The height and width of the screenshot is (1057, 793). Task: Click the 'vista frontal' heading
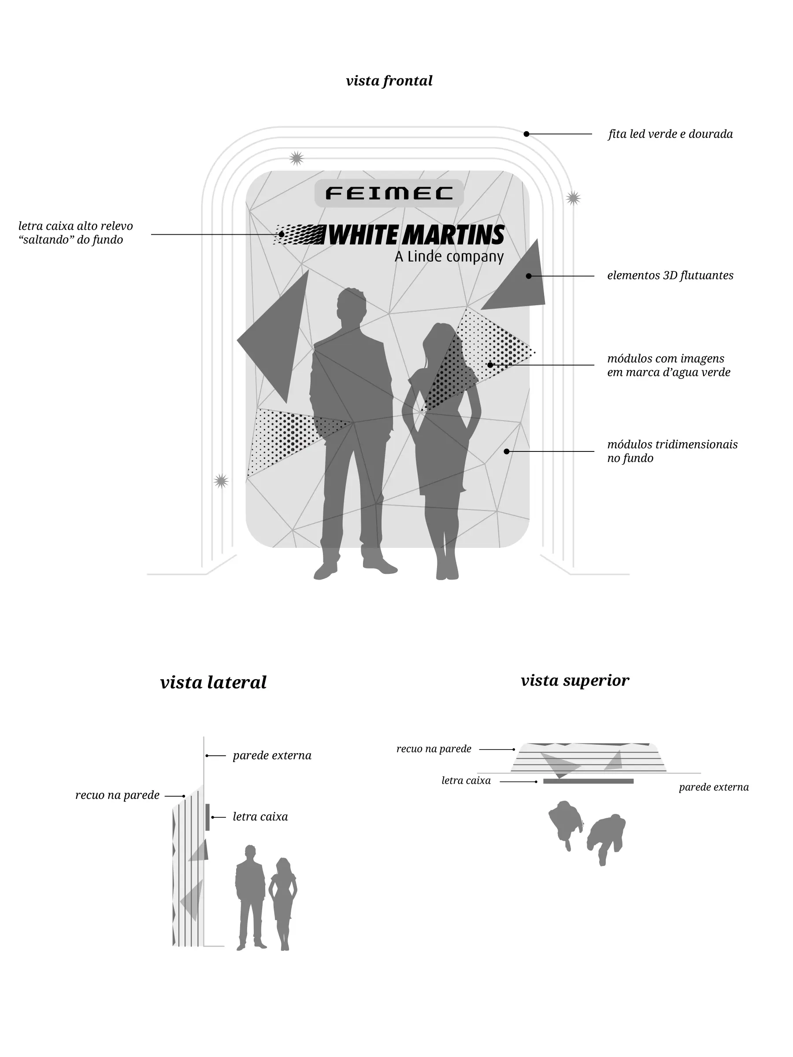pyautogui.click(x=389, y=81)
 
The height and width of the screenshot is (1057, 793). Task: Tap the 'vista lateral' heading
pyautogui.click(x=213, y=682)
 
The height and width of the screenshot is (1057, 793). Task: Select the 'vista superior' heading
pyautogui.click(x=574, y=680)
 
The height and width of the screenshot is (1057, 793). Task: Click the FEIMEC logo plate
pyautogui.click(x=389, y=193)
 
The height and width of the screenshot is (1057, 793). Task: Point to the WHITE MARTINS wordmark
pyautogui.click(x=416, y=235)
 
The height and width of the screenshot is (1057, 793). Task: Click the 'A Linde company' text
pyautogui.click(x=449, y=257)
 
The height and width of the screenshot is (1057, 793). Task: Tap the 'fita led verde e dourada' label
pyautogui.click(x=670, y=134)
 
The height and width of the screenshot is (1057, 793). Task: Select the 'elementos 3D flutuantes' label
pyautogui.click(x=670, y=276)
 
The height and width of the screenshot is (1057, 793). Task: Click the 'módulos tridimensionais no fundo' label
pyautogui.click(x=672, y=451)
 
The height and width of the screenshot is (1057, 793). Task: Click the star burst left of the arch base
pyautogui.click(x=221, y=481)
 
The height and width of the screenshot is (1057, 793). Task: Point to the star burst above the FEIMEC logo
pyautogui.click(x=296, y=158)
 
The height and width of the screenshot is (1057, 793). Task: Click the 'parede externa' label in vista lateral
pyautogui.click(x=272, y=755)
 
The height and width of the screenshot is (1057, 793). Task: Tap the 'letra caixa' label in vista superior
pyautogui.click(x=466, y=781)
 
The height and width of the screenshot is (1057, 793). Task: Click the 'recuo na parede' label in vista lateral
pyautogui.click(x=117, y=795)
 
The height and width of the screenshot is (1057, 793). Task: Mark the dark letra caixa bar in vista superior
pyautogui.click(x=588, y=781)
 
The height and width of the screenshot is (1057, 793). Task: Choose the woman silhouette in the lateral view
pyautogui.click(x=283, y=902)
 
